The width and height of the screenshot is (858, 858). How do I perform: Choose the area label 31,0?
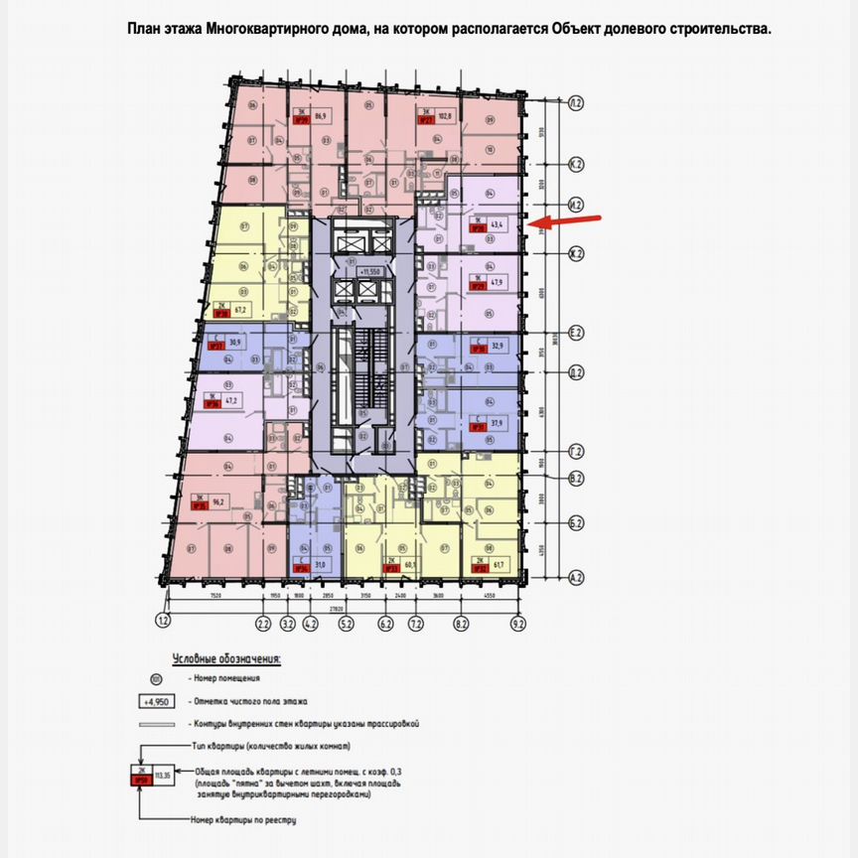(319, 565)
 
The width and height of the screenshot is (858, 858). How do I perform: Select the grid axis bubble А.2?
(575, 577)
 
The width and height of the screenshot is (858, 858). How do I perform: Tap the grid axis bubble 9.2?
(517, 625)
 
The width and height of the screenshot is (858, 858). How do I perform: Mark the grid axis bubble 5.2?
(347, 625)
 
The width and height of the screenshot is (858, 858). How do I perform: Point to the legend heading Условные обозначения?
(226, 658)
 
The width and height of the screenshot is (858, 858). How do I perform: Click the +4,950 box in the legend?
(154, 701)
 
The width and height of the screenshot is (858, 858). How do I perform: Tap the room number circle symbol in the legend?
(154, 679)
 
